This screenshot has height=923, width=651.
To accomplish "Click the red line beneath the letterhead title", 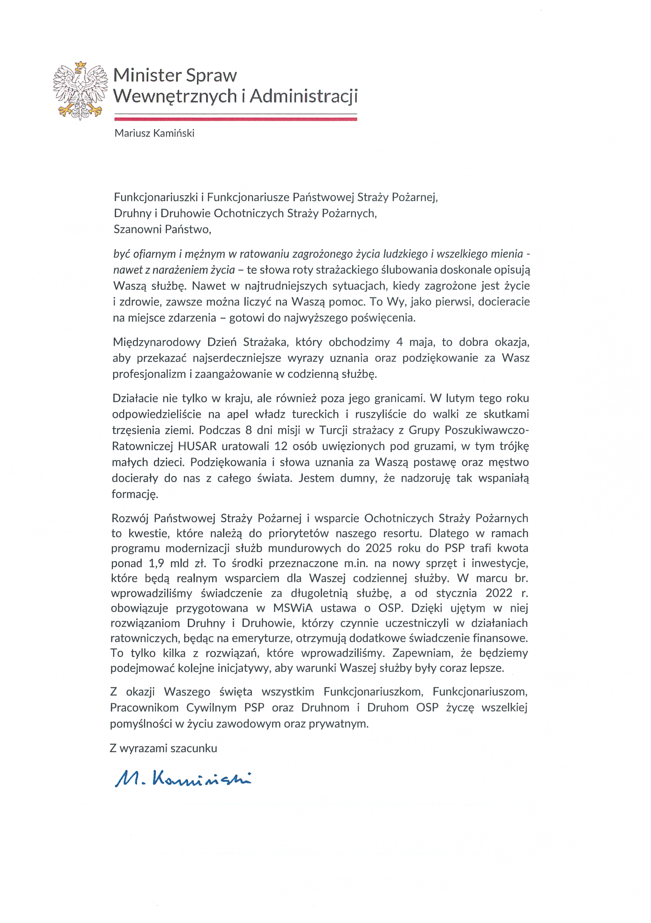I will click(235, 119).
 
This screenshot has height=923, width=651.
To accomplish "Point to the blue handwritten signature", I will click(183, 780).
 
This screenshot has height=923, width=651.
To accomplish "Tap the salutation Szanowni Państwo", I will click(162, 229).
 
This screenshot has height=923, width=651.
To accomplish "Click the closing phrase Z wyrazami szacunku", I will click(163, 749).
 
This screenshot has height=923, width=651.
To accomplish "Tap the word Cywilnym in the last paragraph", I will click(212, 707).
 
